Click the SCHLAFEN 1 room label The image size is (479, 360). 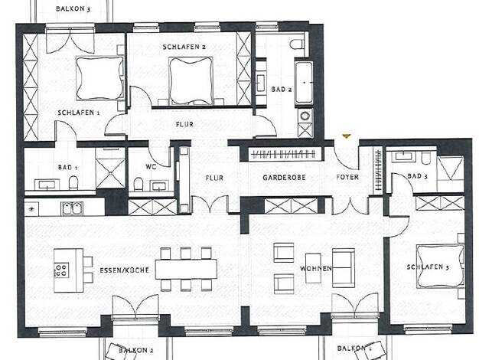(79, 113)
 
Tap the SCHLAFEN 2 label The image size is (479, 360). (184, 47)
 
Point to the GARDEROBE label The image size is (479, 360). (284, 178)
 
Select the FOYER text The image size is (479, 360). (347, 177)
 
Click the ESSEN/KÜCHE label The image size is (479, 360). (124, 270)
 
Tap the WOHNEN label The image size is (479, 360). (316, 269)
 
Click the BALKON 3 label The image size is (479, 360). (73, 8)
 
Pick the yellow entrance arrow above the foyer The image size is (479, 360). (347, 136)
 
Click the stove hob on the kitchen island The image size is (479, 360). (61, 270)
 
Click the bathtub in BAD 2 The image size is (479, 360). (304, 83)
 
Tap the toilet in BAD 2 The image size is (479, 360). (297, 44)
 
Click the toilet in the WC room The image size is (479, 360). (138, 184)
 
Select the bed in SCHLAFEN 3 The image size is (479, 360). (440, 267)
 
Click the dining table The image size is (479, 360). (186, 269)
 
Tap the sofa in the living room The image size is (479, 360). (344, 268)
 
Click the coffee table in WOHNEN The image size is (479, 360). (314, 268)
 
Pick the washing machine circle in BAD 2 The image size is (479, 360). (305, 116)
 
